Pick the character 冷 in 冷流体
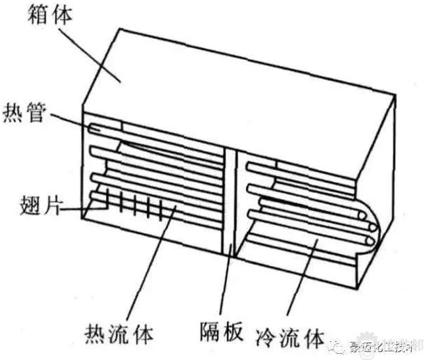(x=268, y=336)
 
